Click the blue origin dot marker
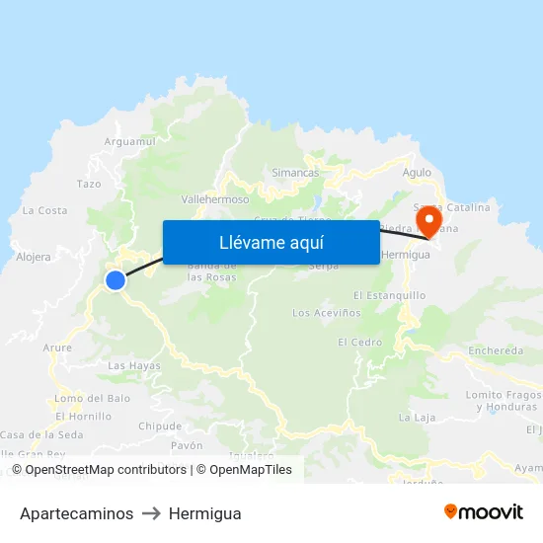[116, 280]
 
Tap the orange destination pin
[429, 219]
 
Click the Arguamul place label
[130, 142]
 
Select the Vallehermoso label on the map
[215, 198]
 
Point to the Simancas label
[295, 173]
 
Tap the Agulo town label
[418, 173]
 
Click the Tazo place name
[89, 184]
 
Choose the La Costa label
[45, 210]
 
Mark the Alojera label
[34, 257]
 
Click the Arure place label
[57, 348]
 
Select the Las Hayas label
[133, 365]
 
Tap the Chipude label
[160, 427]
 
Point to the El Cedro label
[359, 343]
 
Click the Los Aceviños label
[322, 313]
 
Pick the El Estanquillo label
[389, 295]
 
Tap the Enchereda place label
[496, 350]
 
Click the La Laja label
[417, 418]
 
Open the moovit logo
[483, 512]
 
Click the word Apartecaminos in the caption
[76, 513]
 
